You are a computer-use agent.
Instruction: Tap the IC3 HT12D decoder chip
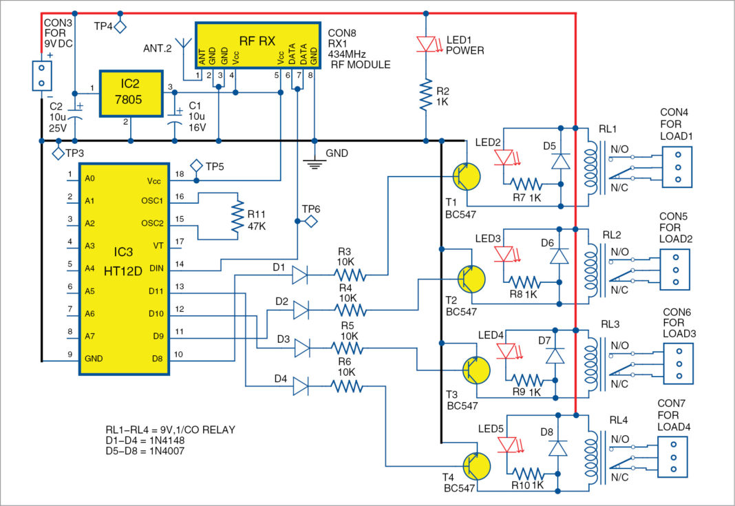[125, 268]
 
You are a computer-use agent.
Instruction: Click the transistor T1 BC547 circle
[467, 176]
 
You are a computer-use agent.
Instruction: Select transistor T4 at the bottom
[476, 466]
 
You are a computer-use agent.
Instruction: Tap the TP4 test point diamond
[120, 27]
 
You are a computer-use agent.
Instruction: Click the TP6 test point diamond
[310, 221]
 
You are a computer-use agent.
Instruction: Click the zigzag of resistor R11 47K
[238, 217]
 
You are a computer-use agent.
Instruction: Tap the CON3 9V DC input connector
[41, 76]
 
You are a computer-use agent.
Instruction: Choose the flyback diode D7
[555, 355]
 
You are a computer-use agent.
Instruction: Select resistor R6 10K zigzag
[345, 387]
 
